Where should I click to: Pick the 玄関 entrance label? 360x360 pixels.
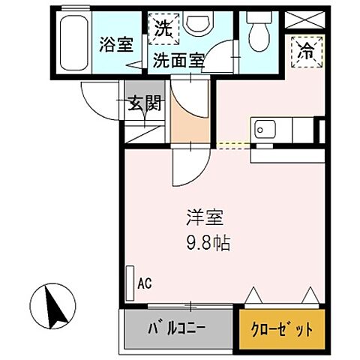tap(145, 104)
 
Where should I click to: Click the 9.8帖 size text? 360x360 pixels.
tap(208, 244)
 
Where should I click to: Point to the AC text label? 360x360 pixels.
tap(145, 283)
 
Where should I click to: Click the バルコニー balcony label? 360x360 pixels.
tap(176, 329)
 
